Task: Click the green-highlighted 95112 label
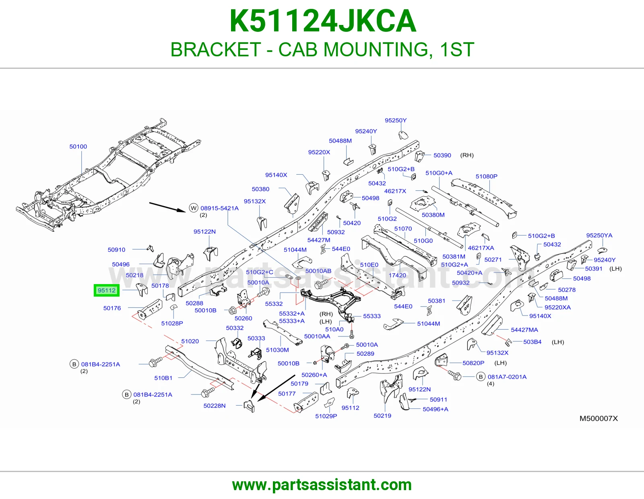tap(107, 291)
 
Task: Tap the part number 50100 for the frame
tap(78, 146)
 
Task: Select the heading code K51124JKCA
tap(323, 21)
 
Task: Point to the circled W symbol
tap(194, 208)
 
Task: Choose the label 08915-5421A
tap(220, 208)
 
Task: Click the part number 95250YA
tap(599, 235)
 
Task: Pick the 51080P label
tap(487, 176)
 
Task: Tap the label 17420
tap(397, 275)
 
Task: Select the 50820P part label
tap(473, 363)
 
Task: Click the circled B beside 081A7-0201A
tap(481, 377)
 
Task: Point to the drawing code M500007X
tap(599, 419)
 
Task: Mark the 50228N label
tap(215, 406)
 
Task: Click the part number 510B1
tap(163, 378)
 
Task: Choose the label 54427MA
tap(524, 330)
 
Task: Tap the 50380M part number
tap(433, 215)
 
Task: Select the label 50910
tap(116, 250)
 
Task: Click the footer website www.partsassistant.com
tap(322, 485)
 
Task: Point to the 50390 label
tap(442, 155)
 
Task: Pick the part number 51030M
tap(277, 350)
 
